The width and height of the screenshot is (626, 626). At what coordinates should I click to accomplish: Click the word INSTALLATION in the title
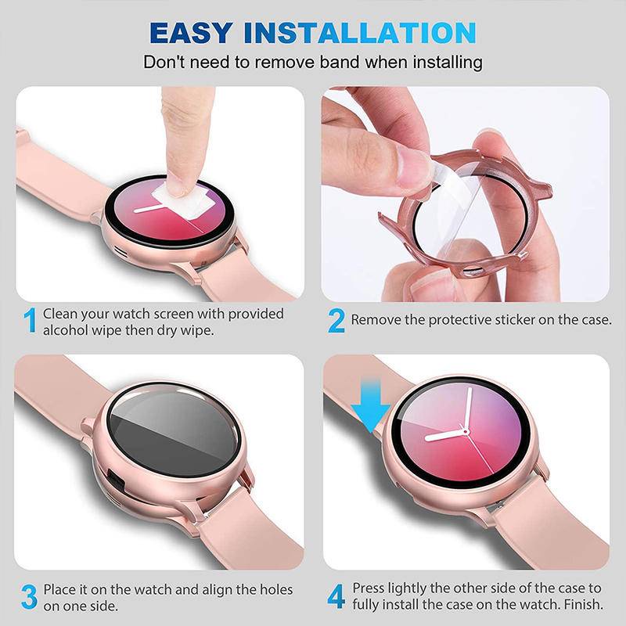pyautogui.click(x=359, y=33)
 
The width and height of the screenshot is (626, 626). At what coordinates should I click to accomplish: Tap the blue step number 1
pyautogui.click(x=31, y=321)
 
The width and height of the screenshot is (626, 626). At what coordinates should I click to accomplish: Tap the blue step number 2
pyautogui.click(x=336, y=320)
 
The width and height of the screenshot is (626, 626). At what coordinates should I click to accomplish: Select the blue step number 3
pyautogui.click(x=29, y=597)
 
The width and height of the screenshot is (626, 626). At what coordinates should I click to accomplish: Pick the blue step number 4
pyautogui.click(x=336, y=596)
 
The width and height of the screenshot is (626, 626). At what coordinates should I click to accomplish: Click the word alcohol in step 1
pyautogui.click(x=67, y=330)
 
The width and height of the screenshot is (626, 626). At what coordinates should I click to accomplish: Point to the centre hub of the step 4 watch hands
pyautogui.click(x=466, y=433)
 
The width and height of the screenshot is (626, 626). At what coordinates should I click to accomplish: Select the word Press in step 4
pyautogui.click(x=369, y=588)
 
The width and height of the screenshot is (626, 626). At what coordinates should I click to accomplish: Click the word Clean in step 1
pyautogui.click(x=60, y=313)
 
